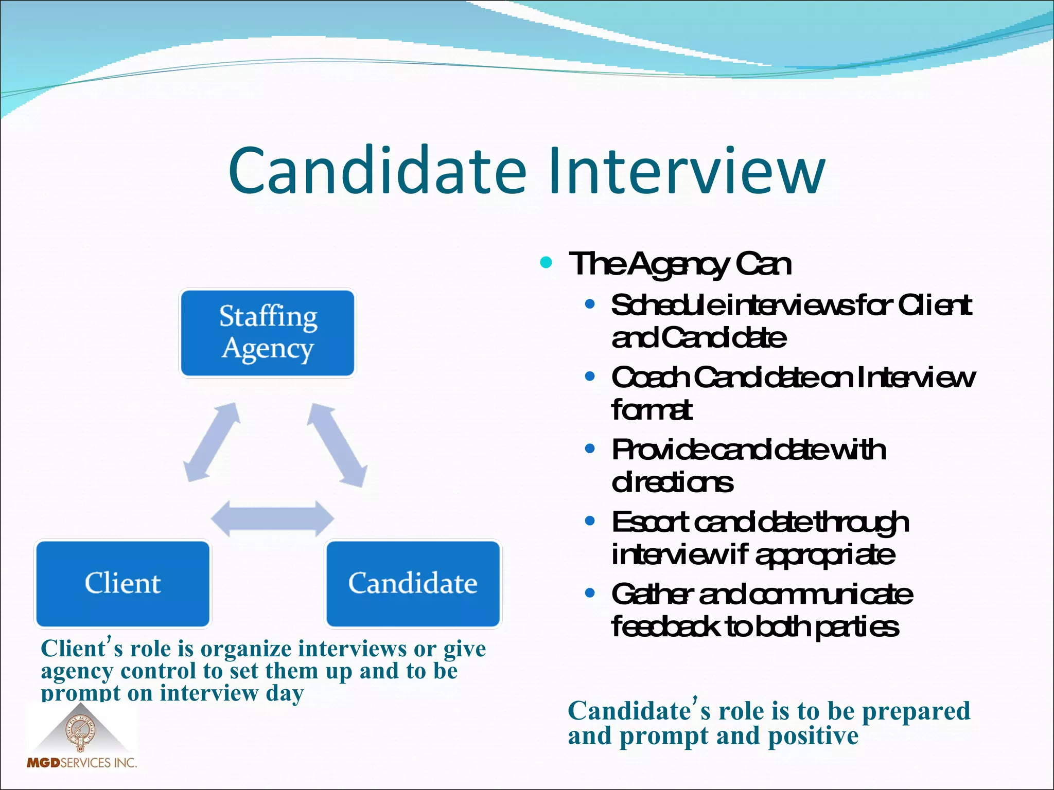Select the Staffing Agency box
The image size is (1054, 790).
[268, 333]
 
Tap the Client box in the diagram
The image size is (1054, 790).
[123, 583]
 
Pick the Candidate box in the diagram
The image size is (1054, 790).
[413, 583]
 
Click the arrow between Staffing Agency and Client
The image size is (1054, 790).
[213, 442]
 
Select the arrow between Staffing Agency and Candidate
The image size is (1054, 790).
[337, 445]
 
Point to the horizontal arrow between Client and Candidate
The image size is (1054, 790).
[273, 518]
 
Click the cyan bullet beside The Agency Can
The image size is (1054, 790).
[546, 263]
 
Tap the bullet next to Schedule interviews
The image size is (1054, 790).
[590, 304]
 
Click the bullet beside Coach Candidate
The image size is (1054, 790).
[590, 376]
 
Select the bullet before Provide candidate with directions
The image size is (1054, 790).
[590, 449]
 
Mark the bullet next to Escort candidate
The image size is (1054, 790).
[590, 522]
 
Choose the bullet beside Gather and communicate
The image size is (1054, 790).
[590, 594]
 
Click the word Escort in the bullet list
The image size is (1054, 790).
[649, 523]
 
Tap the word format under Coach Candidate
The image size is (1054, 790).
[652, 410]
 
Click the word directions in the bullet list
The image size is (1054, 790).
[672, 482]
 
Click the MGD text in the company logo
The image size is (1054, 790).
[44, 763]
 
